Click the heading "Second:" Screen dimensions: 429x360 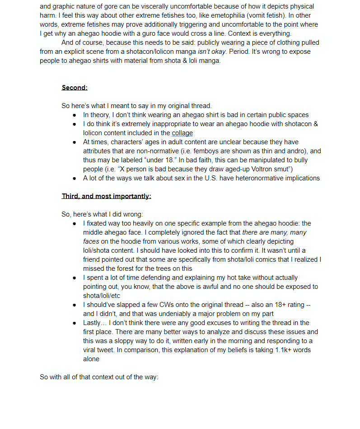click(75, 88)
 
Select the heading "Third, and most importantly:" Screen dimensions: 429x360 click(106, 196)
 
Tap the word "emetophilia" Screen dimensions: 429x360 click(195, 15)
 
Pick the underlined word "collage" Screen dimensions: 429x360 click(182, 133)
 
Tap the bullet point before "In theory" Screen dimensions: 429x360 click(74, 115)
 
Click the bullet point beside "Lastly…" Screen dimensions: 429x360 click(74, 323)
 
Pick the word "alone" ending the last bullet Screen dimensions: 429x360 click(91, 359)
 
